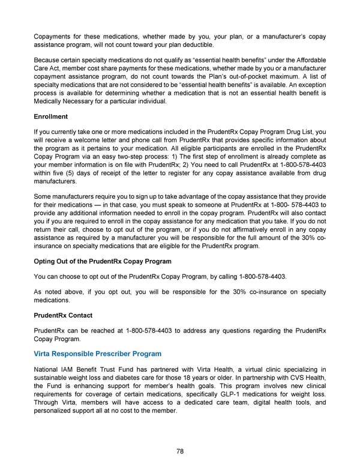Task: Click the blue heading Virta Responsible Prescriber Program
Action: coord(98,354)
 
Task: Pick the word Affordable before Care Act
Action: coord(308,60)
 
